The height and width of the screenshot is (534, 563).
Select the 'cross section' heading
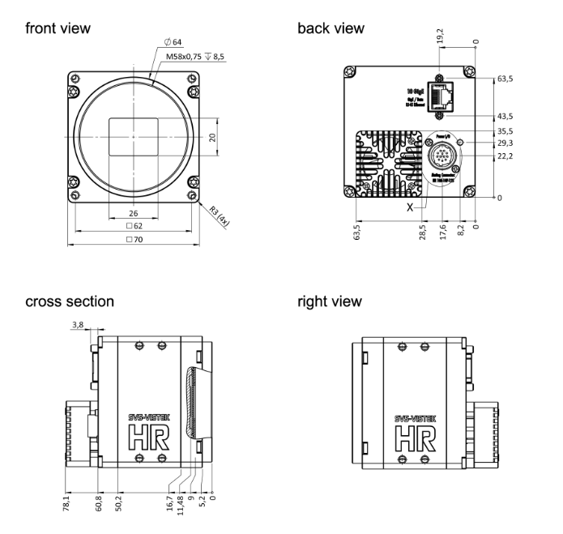click(x=70, y=302)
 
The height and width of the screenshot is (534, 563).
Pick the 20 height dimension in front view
click(x=212, y=137)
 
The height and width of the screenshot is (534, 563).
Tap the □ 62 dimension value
click(x=134, y=227)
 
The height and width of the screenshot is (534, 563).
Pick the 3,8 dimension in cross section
click(x=77, y=325)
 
